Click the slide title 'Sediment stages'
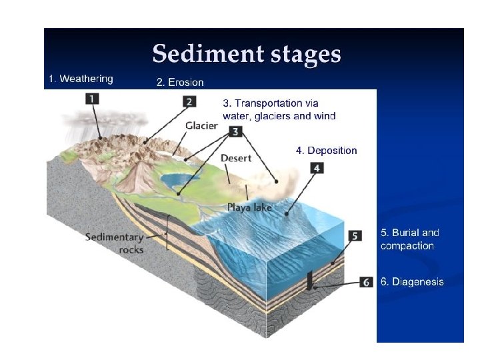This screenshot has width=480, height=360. [246, 53]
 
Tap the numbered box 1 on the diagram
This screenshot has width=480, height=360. [93, 98]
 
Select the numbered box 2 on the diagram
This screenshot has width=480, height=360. [190, 102]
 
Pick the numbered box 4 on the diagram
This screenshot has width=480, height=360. [317, 168]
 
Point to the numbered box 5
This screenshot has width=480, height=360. [355, 235]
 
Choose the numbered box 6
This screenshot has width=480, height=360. [366, 281]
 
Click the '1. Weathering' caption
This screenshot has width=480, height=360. [81, 79]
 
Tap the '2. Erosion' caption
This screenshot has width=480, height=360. [180, 83]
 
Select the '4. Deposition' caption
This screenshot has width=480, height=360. [326, 151]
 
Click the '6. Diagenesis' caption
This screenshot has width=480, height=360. [411, 281]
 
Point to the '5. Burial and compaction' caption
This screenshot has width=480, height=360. [409, 239]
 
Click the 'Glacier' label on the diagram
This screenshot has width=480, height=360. [201, 125]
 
